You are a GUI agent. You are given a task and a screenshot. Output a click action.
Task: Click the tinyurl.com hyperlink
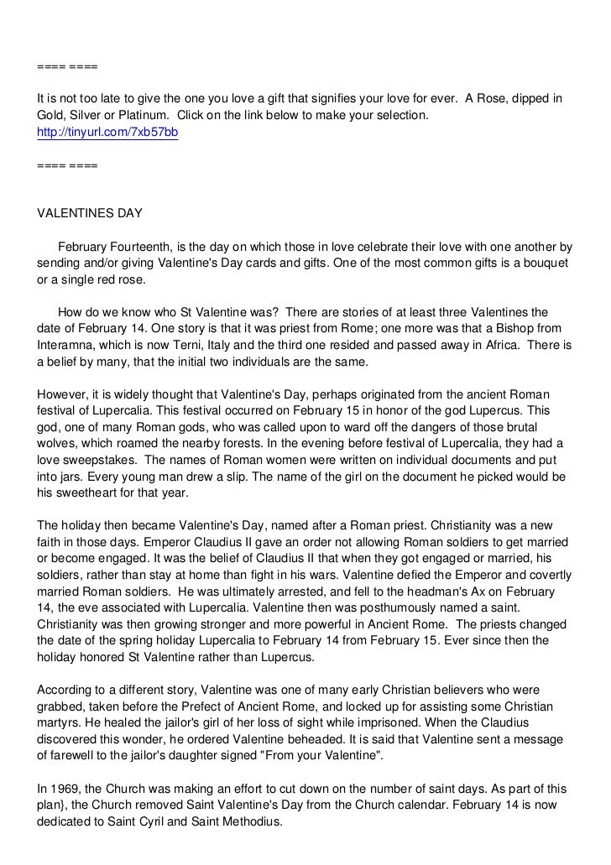point(107,133)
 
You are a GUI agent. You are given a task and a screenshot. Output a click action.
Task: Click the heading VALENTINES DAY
point(90,213)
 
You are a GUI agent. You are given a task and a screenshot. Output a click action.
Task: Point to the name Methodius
point(250,823)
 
